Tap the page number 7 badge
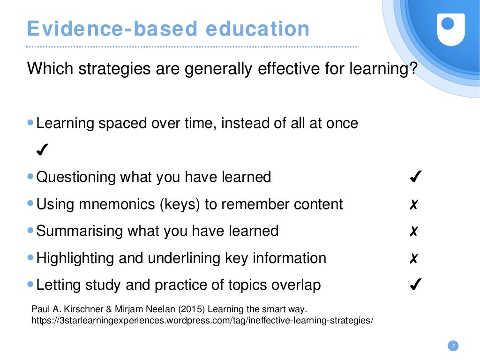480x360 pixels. [453, 346]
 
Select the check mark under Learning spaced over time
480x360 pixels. [41, 150]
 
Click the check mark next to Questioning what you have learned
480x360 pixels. [415, 177]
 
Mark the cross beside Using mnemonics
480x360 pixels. [413, 205]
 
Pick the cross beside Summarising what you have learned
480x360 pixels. [413, 232]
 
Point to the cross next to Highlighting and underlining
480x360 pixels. [413, 258]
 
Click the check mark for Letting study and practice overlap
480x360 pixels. [415, 285]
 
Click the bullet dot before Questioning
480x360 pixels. [30, 177]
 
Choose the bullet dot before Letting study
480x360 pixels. [30, 284]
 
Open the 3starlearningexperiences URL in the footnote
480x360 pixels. [202, 321]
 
